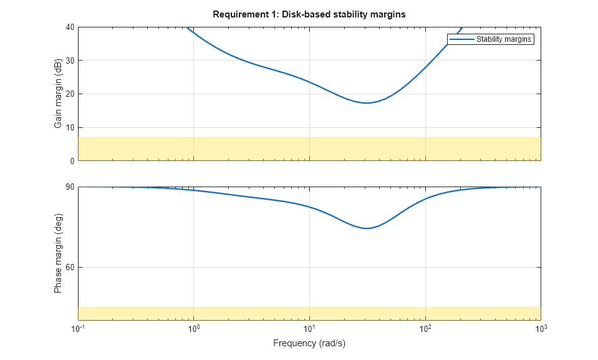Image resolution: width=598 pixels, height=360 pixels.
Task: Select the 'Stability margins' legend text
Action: pos(504,39)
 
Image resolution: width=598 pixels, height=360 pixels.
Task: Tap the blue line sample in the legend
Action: pos(461,39)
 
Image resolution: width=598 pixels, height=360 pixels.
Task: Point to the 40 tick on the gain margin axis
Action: pos(70,27)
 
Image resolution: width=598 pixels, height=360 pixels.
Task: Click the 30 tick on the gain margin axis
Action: pos(70,61)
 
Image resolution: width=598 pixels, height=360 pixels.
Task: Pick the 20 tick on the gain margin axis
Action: pos(70,94)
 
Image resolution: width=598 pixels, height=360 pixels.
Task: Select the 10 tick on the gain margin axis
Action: pos(70,127)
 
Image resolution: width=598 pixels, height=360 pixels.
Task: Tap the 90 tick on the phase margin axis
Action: pos(70,187)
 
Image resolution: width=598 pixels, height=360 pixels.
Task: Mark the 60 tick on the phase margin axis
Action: pos(70,268)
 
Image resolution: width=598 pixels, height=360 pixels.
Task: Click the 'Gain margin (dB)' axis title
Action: pos(58,94)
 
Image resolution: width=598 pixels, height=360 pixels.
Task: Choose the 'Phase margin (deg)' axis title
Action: pos(58,254)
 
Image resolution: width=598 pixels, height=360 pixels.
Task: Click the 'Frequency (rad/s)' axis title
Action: pos(309,344)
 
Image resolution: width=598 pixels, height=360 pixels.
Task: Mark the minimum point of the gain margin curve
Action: pos(367,103)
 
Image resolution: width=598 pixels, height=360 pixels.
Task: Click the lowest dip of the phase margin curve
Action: pos(367,228)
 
